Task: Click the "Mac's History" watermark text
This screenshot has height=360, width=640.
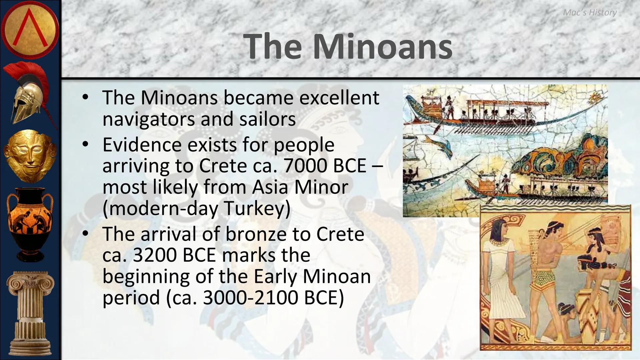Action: (x=590, y=12)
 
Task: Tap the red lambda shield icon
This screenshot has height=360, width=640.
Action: (x=30, y=30)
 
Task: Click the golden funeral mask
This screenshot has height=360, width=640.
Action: (x=30, y=155)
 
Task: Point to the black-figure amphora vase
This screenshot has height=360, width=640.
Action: (x=30, y=223)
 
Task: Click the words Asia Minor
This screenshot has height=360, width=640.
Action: (x=300, y=187)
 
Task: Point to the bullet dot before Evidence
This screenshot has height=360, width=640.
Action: (x=85, y=144)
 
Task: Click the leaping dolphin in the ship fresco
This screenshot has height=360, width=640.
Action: (x=440, y=143)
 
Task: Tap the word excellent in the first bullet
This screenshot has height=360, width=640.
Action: (x=339, y=98)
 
